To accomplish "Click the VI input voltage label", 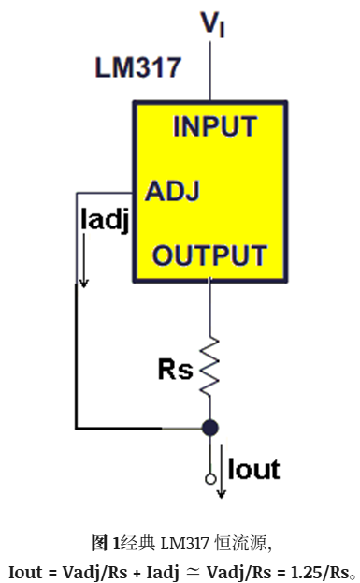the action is (212, 25).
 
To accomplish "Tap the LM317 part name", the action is (138, 67).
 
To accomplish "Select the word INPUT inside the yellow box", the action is (215, 126).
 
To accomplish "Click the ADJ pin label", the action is (172, 191).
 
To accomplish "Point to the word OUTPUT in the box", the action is (209, 255).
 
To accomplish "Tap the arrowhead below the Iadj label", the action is (84, 283).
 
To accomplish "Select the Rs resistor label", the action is (176, 370).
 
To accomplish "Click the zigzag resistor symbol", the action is (209, 366).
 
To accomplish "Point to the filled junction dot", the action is (209, 428).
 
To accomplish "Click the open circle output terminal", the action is (210, 479).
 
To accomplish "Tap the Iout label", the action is (253, 469).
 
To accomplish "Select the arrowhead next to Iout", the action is (222, 493).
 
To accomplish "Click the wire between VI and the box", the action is (210, 70).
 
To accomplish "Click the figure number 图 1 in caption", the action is (106, 543).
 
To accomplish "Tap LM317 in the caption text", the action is (184, 544).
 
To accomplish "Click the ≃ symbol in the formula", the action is (193, 573).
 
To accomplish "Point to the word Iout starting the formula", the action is (25, 572).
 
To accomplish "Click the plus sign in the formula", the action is (137, 574).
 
